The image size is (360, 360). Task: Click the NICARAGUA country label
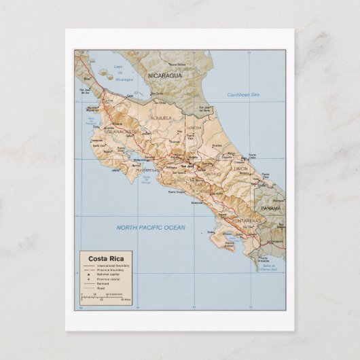click(x=166, y=75)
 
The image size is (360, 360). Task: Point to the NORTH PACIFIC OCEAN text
click(x=151, y=228)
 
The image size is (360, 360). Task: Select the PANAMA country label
click(x=271, y=208)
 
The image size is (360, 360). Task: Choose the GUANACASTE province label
click(x=121, y=132)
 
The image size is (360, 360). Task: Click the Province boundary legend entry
click(x=109, y=270)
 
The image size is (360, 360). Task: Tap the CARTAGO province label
click(x=213, y=173)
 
